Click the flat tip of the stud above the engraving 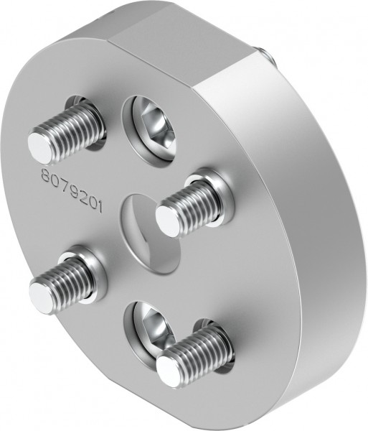42,146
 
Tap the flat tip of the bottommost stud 169,371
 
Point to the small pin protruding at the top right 265,54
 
